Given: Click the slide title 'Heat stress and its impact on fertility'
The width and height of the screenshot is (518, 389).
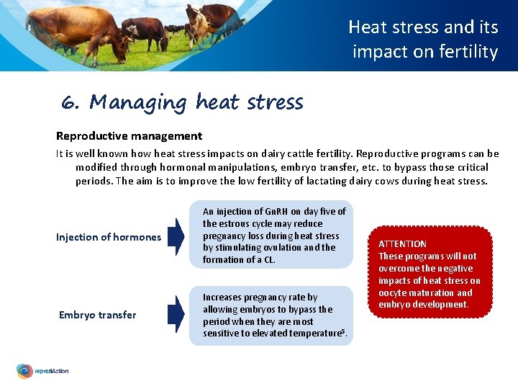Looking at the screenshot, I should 424,39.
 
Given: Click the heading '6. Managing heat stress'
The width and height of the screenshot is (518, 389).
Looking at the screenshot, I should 182,102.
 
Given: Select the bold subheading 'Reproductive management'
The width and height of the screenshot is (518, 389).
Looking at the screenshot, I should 129,135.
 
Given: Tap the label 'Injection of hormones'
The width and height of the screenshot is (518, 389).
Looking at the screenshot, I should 109,237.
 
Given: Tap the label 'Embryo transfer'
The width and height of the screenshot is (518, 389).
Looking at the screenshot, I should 97,315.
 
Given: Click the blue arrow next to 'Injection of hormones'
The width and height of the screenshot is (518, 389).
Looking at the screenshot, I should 176,237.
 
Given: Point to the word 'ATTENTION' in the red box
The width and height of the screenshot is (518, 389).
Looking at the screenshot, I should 402,244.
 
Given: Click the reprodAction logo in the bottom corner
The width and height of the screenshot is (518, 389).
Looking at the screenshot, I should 43,371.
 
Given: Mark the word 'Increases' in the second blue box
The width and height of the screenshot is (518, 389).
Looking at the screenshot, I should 224,297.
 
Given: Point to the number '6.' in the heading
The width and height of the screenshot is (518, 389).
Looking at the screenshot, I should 71,103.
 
